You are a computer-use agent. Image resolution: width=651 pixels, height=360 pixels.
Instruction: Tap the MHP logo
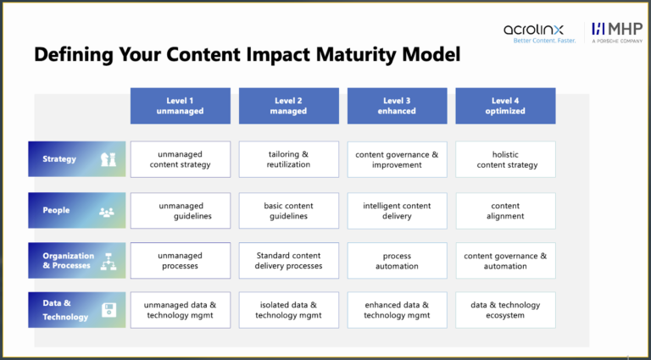click(x=617, y=32)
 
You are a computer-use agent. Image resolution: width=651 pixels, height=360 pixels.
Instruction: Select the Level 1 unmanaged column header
click(x=180, y=106)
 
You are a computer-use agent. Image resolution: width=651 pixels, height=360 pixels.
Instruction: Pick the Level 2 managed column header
click(x=288, y=106)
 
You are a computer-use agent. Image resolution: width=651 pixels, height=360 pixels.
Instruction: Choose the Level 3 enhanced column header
click(x=397, y=106)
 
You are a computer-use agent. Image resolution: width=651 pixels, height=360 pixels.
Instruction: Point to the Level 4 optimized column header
click(x=505, y=106)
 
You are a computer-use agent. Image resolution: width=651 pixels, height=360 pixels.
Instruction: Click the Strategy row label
click(x=59, y=159)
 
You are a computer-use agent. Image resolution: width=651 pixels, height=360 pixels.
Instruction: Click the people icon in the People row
click(x=107, y=212)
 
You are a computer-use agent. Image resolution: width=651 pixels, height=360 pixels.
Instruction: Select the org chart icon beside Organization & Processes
click(x=108, y=260)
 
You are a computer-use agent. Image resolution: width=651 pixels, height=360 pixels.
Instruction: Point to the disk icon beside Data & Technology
click(x=108, y=311)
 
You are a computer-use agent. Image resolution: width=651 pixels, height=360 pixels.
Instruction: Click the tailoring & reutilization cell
click(x=288, y=159)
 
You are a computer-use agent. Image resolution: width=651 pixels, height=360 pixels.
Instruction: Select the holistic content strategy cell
click(x=505, y=159)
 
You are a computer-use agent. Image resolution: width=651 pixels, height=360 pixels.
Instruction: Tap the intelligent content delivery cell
click(x=397, y=211)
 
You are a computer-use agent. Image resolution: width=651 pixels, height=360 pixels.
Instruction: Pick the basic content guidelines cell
click(x=288, y=211)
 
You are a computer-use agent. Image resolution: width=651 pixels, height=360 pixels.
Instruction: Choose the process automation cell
click(x=397, y=260)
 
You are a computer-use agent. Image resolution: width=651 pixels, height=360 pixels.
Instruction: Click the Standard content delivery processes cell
click(x=288, y=260)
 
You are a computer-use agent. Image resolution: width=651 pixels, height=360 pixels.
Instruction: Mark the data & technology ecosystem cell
click(x=505, y=310)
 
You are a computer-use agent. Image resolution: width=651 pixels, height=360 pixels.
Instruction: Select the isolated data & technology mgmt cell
click(x=288, y=310)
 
